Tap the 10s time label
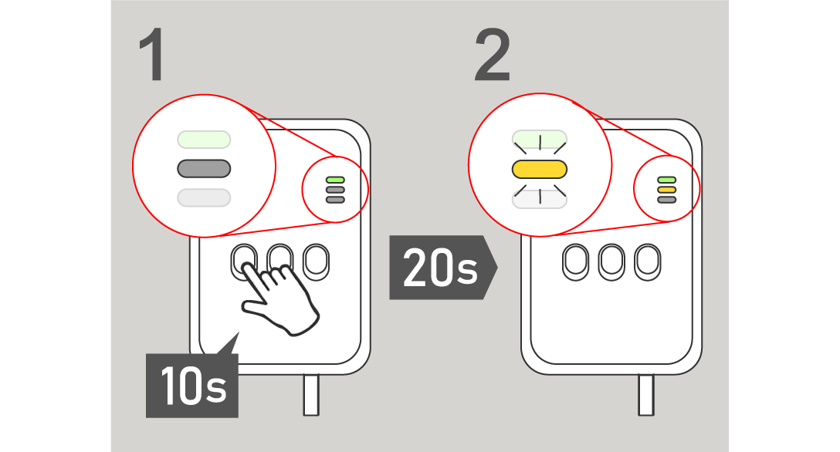[x=193, y=386]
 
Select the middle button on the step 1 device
[x=279, y=262]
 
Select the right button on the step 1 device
[x=315, y=261]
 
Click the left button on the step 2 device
[x=575, y=262]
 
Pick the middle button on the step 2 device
[x=611, y=262]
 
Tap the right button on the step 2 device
[x=646, y=262]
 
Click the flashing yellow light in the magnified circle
[x=540, y=170]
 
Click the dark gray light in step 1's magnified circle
[x=204, y=168]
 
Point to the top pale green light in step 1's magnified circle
[x=204, y=140]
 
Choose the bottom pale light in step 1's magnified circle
[x=204, y=197]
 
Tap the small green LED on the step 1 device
[x=334, y=180]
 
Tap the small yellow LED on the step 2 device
[x=666, y=190]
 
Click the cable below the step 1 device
[x=311, y=395]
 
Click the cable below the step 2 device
[x=645, y=395]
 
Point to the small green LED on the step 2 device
[x=666, y=180]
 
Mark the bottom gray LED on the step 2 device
[x=666, y=200]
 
